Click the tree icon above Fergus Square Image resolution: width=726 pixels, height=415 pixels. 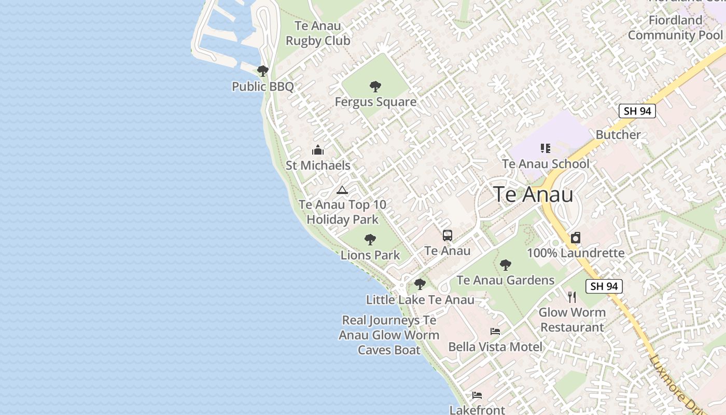375,87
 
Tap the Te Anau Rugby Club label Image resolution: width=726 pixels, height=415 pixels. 318,33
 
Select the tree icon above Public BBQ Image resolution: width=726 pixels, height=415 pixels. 263,71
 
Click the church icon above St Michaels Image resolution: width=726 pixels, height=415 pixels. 318,150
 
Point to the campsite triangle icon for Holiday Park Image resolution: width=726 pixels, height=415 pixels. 342,190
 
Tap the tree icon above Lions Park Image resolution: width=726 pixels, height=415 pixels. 370,240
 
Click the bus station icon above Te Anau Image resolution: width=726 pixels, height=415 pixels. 448,236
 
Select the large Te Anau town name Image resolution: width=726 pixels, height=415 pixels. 534,195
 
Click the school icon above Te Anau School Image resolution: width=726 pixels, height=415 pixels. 545,149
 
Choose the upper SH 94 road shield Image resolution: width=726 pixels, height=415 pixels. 637,110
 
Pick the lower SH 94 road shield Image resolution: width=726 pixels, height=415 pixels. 604,286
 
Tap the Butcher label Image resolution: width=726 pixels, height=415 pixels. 618,135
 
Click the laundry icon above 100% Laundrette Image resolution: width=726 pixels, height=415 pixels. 576,238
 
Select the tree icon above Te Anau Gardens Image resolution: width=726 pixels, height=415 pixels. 506,265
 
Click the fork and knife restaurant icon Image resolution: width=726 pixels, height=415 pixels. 572,297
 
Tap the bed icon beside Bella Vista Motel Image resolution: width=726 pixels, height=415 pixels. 495,331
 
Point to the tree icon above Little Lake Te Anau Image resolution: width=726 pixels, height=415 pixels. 420,284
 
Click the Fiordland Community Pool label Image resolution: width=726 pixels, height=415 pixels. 675,28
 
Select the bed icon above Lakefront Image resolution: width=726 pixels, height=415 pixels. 477,395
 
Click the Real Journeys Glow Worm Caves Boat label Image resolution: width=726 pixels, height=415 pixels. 389,335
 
